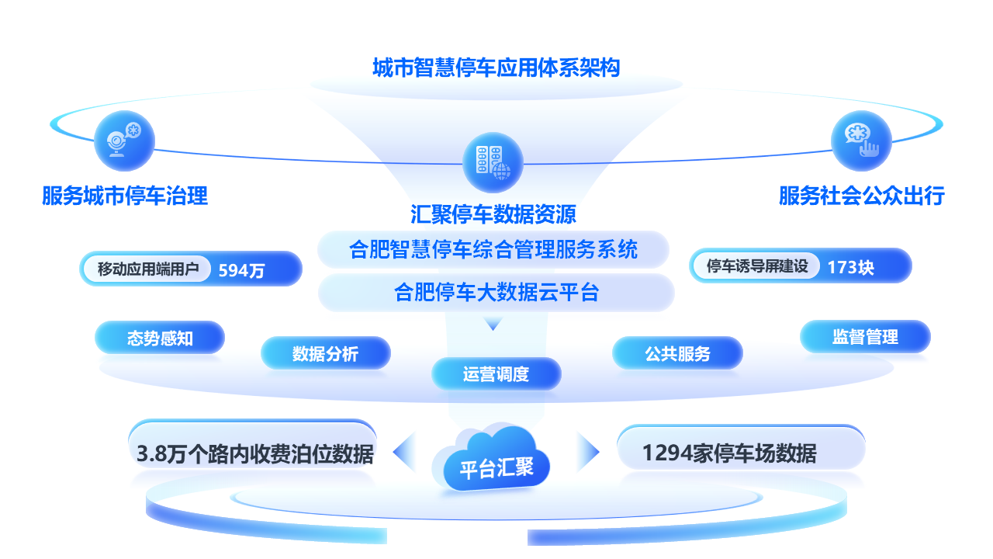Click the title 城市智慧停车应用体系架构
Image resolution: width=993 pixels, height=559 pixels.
coord(496,68)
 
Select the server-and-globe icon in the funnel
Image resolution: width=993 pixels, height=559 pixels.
coord(493,162)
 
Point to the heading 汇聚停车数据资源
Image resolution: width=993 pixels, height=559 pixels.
coord(493,214)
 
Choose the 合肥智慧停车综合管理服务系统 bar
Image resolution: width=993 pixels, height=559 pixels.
coord(493,249)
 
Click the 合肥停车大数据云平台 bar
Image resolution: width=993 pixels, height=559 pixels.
coord(496,293)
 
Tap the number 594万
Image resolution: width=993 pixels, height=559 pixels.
coord(241,270)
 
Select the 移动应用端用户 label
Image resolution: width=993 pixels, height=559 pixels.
coord(148,269)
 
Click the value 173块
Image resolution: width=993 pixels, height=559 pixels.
coord(851,267)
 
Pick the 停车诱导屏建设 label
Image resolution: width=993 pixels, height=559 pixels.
coord(757,266)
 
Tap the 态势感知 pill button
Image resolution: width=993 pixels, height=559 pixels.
coord(160,338)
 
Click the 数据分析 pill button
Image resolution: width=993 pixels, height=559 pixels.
coord(326,353)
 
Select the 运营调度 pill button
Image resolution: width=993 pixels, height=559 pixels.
coord(496,374)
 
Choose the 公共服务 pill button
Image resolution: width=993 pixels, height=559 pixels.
coord(677,353)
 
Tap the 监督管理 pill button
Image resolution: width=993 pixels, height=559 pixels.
coord(865,337)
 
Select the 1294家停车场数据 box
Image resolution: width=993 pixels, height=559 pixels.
coord(741,448)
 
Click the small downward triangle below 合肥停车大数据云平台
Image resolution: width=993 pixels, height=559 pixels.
coord(493,323)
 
